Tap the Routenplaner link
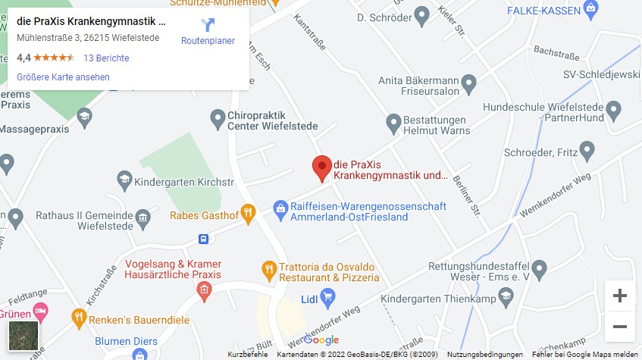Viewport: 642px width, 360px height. pyautogui.click(x=208, y=32)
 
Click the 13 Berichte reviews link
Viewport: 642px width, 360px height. pyautogui.click(x=106, y=58)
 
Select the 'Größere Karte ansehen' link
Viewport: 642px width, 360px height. pyautogui.click(x=63, y=77)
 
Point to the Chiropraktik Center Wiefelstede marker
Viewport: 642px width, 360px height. pyautogui.click(x=218, y=118)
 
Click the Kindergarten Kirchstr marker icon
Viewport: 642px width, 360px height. pyautogui.click(x=124, y=180)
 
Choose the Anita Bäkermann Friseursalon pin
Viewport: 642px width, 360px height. pyautogui.click(x=468, y=82)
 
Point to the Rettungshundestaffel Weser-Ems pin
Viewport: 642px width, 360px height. pyautogui.click(x=539, y=268)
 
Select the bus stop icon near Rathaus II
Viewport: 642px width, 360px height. pyautogui.click(x=204, y=239)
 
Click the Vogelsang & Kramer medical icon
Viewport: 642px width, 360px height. pyautogui.click(x=202, y=290)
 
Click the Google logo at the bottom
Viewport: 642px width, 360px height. pyautogui.click(x=321, y=340)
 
